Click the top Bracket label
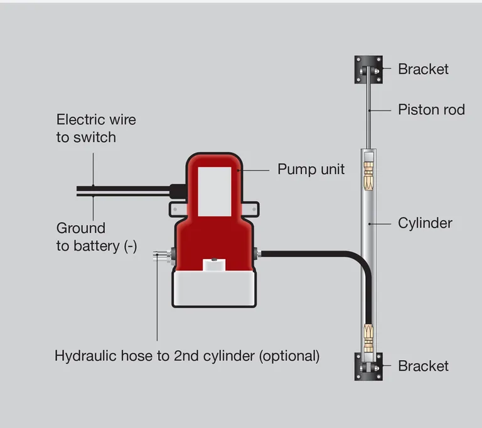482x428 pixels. click(x=423, y=69)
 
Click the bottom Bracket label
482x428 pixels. click(x=423, y=366)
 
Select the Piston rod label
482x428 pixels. click(x=431, y=110)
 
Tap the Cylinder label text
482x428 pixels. click(x=425, y=223)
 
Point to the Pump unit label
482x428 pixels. click(x=311, y=170)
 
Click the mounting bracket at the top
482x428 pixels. click(x=368, y=69)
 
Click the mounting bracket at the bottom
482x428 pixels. click(x=368, y=366)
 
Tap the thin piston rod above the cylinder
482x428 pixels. click(x=368, y=113)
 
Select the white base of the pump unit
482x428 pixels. click(x=215, y=289)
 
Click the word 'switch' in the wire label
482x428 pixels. click(x=95, y=138)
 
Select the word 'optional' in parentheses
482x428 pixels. click(x=289, y=356)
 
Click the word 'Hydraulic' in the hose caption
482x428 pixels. click(x=85, y=356)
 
